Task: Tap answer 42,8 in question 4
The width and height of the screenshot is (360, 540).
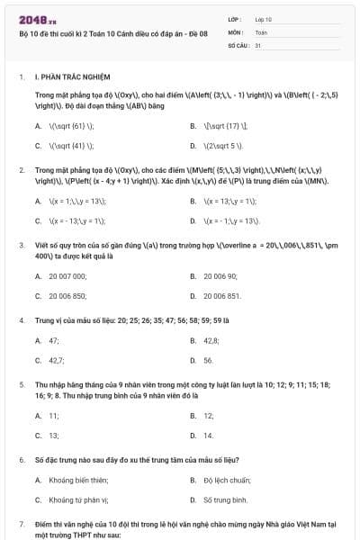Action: click(x=211, y=341)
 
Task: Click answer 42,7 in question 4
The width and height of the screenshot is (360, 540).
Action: click(x=56, y=360)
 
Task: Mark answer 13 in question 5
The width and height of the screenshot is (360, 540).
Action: click(x=53, y=435)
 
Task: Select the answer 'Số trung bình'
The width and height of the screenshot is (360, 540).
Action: click(x=225, y=499)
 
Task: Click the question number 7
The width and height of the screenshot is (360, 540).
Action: click(x=22, y=523)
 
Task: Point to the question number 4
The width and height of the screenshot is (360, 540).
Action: click(x=22, y=319)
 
